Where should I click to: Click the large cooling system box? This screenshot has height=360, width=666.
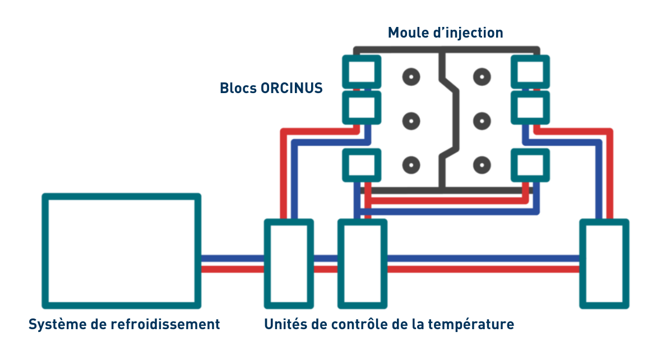[121, 251]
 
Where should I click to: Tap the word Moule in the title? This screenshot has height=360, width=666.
[410, 33]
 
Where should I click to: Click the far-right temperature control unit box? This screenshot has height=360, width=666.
[603, 263]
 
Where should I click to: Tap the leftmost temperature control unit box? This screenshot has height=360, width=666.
[288, 263]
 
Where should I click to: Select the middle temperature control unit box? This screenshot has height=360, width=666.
[362, 263]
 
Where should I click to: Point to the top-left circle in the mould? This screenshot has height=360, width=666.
[412, 76]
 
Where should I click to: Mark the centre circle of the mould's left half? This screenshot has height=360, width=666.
[412, 120]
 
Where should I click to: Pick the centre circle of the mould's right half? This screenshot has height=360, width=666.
[480, 120]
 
